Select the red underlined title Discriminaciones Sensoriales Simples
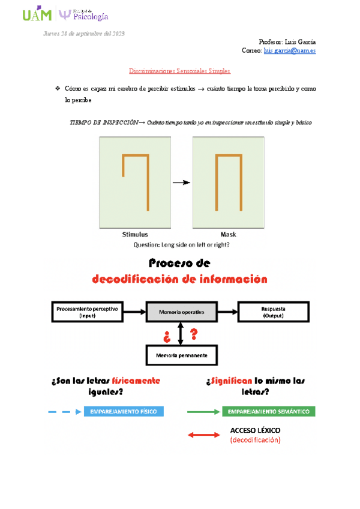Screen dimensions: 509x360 click(x=180, y=71)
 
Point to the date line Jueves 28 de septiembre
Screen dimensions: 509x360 click(x=84, y=33)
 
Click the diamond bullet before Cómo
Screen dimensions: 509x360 click(x=57, y=89)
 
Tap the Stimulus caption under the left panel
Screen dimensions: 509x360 click(x=135, y=235)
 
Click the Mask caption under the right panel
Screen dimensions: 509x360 click(x=229, y=235)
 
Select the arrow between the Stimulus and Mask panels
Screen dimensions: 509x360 click(x=182, y=182)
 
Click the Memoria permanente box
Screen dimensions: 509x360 click(x=181, y=355)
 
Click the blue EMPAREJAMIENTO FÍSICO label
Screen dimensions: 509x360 click(x=124, y=412)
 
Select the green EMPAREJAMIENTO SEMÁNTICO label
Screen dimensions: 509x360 click(x=268, y=412)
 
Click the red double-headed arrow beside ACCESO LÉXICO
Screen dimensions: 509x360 click(x=204, y=435)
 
